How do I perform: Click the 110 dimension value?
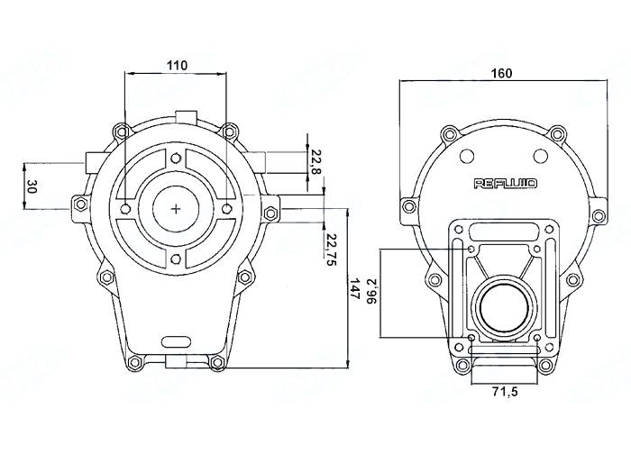pos(177,64)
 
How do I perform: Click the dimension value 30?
pos(32,187)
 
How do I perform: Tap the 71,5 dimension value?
pos(502,393)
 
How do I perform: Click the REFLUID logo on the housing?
pos(506,183)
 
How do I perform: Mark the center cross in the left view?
pos(175,209)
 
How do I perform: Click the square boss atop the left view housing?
pos(187,116)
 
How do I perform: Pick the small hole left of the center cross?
pos(125,209)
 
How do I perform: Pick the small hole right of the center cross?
pos(225,209)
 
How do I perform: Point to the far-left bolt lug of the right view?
pos(410,207)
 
